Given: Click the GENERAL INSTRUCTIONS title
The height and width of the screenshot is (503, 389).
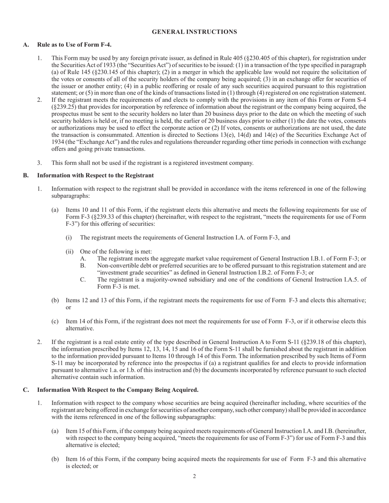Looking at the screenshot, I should pos(194,31).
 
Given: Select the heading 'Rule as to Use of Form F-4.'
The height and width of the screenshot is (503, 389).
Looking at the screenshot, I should pos(74,45).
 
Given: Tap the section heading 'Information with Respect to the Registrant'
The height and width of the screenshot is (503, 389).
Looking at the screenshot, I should pos(95,175).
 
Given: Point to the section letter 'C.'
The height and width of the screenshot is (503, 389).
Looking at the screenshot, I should pos(26,390).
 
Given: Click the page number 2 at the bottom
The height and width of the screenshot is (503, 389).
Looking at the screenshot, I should pos(194,476).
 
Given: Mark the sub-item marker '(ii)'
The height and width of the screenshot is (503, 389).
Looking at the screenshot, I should pos(70,251).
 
